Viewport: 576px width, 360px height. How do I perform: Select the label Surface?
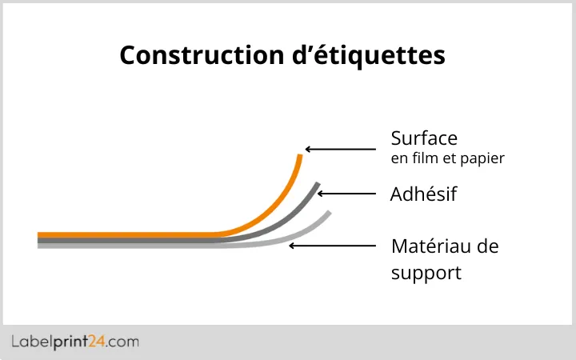click(424, 138)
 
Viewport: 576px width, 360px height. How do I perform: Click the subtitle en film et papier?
click(447, 158)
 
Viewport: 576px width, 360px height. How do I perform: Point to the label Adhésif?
click(423, 194)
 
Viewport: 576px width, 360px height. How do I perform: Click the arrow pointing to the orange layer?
click(340, 149)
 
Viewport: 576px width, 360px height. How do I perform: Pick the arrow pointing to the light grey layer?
click(332, 245)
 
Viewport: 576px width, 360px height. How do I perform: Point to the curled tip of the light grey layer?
click(328, 214)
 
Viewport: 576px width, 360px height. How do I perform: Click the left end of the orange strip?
click(40, 234)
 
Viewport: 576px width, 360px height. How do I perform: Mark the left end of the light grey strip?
click(40, 246)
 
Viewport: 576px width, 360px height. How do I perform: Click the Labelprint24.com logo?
click(75, 342)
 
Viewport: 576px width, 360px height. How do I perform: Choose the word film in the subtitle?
click(425, 158)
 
